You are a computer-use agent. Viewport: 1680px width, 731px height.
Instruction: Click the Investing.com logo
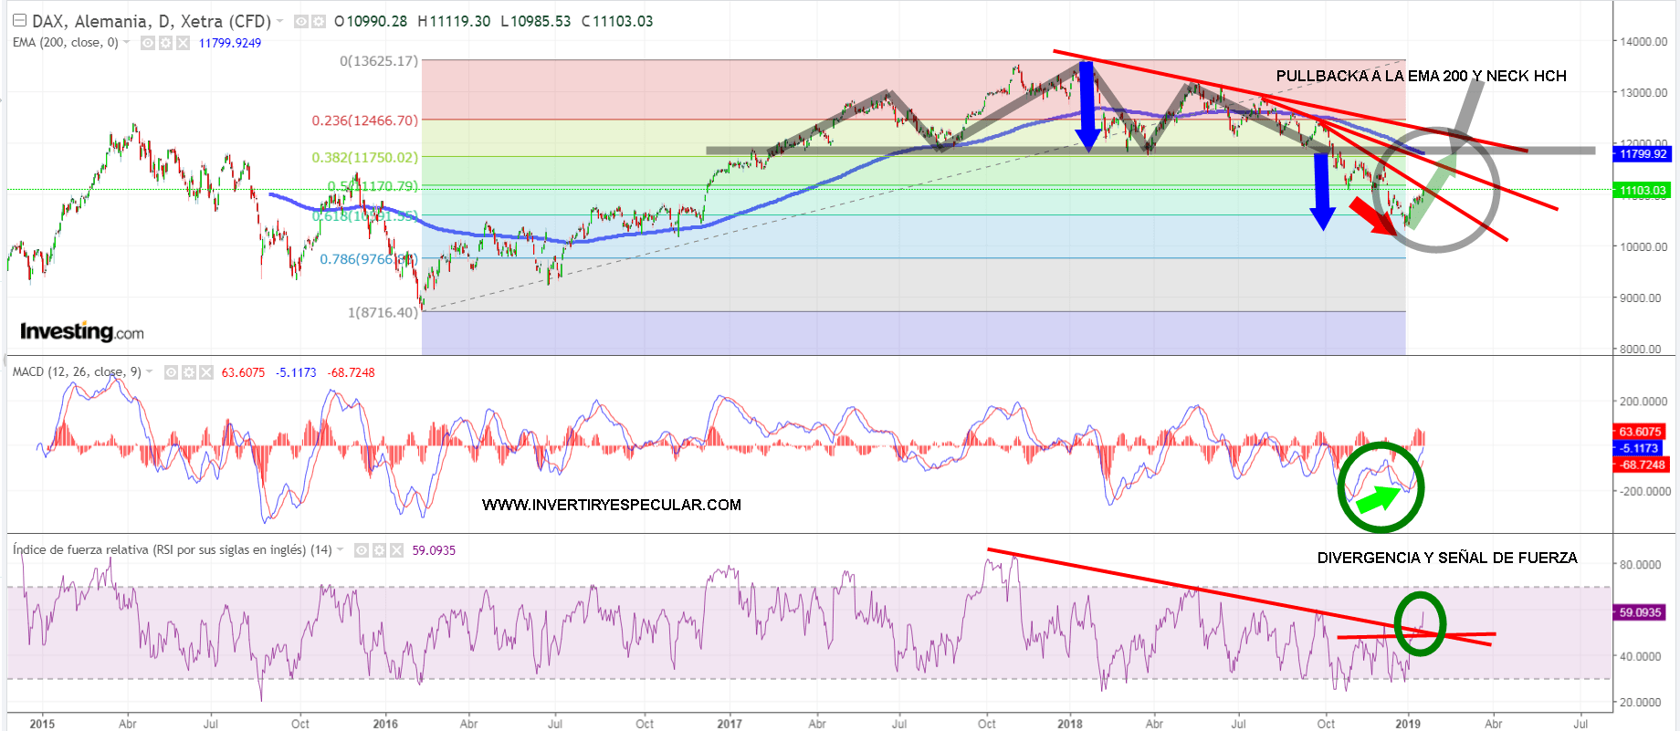click(x=81, y=331)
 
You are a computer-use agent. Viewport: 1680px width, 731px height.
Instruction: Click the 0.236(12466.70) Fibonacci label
click(x=364, y=120)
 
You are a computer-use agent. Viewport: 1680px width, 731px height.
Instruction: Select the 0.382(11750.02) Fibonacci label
click(x=364, y=157)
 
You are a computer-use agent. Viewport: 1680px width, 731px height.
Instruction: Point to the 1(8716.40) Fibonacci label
click(x=383, y=312)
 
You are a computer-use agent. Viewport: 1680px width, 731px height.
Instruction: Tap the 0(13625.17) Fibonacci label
click(x=378, y=61)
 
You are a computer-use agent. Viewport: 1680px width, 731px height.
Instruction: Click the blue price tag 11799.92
click(x=1643, y=154)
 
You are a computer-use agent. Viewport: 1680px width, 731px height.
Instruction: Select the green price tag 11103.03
click(x=1643, y=191)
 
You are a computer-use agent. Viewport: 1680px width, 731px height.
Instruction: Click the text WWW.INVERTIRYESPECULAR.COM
click(x=612, y=505)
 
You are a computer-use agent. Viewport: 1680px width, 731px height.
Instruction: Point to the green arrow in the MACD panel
click(x=1378, y=498)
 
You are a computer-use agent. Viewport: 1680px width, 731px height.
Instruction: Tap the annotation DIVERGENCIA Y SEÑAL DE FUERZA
click(x=1447, y=558)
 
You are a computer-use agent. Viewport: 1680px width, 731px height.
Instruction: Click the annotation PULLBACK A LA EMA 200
click(x=1421, y=76)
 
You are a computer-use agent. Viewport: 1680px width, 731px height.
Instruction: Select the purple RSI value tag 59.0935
click(x=1640, y=612)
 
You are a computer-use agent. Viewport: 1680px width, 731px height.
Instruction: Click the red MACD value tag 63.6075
click(x=1640, y=432)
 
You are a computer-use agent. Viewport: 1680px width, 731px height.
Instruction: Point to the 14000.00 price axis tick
click(x=1643, y=42)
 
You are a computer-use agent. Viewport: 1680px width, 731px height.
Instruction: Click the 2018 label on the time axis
click(x=1070, y=724)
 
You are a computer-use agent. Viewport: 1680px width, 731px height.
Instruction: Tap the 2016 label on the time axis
click(x=385, y=724)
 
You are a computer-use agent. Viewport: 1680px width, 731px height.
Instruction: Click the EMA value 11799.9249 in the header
click(x=230, y=43)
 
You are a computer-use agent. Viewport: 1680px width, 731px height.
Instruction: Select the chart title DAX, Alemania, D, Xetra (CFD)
click(x=152, y=21)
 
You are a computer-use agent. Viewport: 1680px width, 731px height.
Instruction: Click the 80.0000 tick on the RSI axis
click(x=1640, y=565)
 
